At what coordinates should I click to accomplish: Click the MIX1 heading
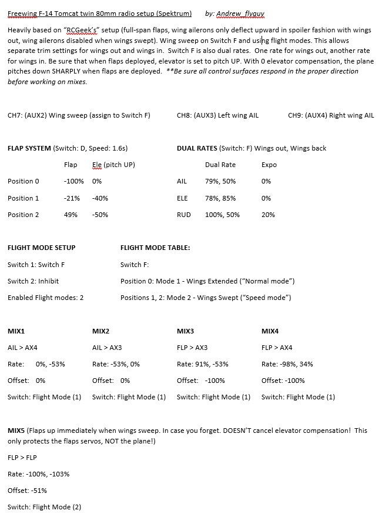16,331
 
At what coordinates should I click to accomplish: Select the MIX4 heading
270,331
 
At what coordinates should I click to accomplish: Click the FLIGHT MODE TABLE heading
155,248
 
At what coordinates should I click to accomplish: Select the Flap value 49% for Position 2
71,215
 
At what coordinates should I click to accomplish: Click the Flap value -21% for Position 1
72,198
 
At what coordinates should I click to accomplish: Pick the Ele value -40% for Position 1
100,198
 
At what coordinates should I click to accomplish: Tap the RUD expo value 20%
268,215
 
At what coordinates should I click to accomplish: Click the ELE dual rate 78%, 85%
220,198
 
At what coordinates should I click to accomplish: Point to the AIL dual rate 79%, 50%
220,182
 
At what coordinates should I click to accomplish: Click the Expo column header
269,165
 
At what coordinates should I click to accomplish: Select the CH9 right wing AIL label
331,115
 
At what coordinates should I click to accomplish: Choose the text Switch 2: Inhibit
33,281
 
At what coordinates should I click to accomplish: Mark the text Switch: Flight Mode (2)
45,506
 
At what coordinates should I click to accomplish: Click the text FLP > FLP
21,457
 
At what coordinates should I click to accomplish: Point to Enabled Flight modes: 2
46,298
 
